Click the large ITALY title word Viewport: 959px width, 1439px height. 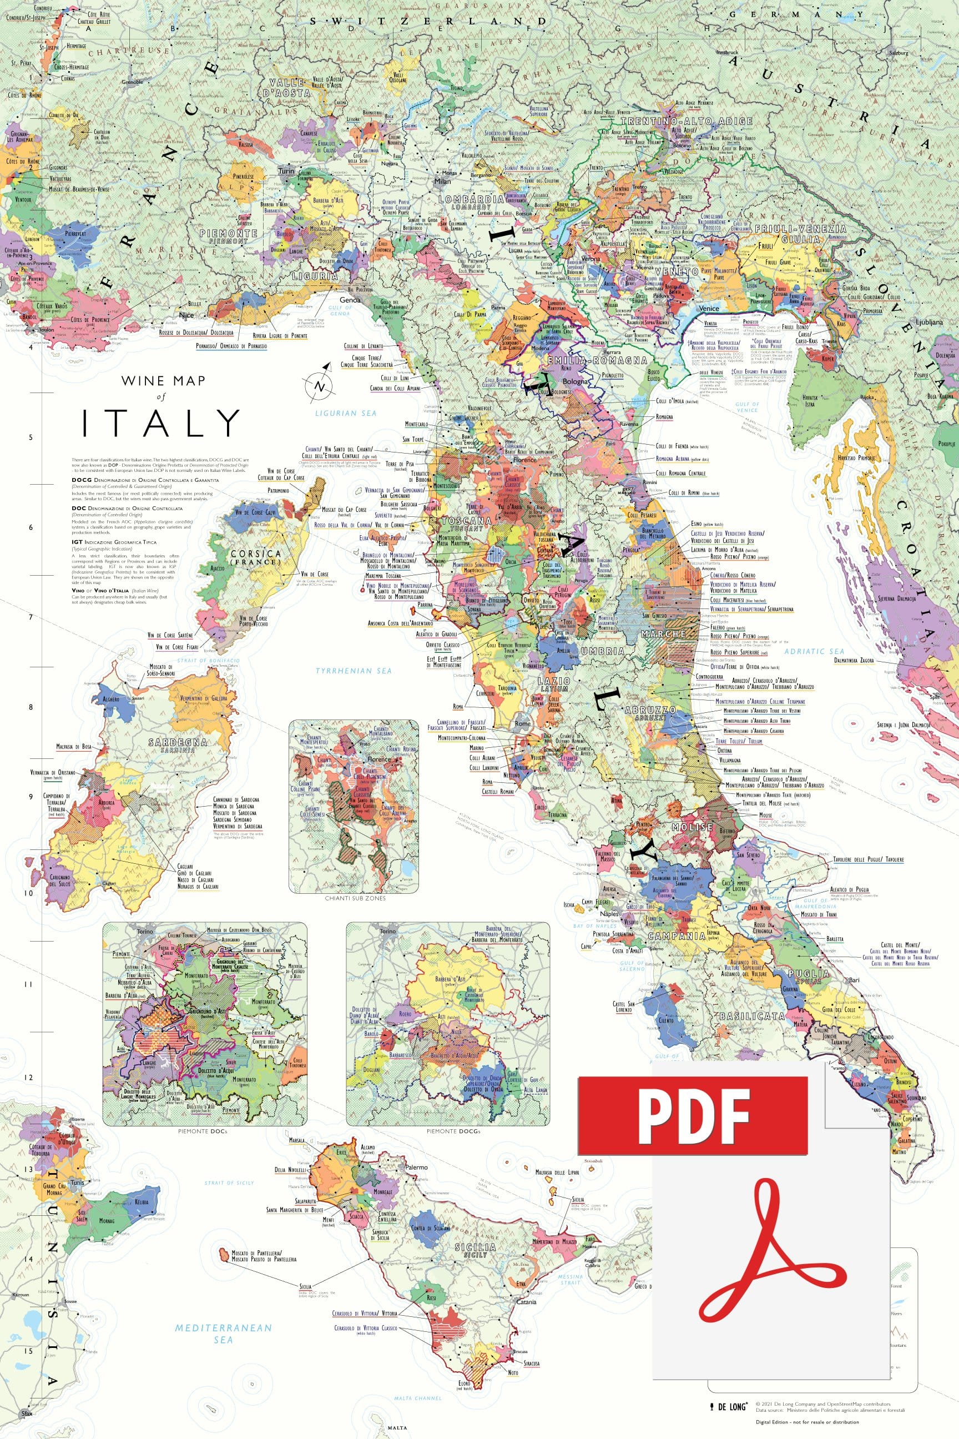tap(161, 424)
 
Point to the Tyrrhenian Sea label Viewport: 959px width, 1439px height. tap(353, 671)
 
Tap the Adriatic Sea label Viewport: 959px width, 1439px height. tap(814, 652)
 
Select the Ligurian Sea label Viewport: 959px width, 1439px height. tap(346, 413)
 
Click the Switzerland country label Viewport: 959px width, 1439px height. tap(428, 21)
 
